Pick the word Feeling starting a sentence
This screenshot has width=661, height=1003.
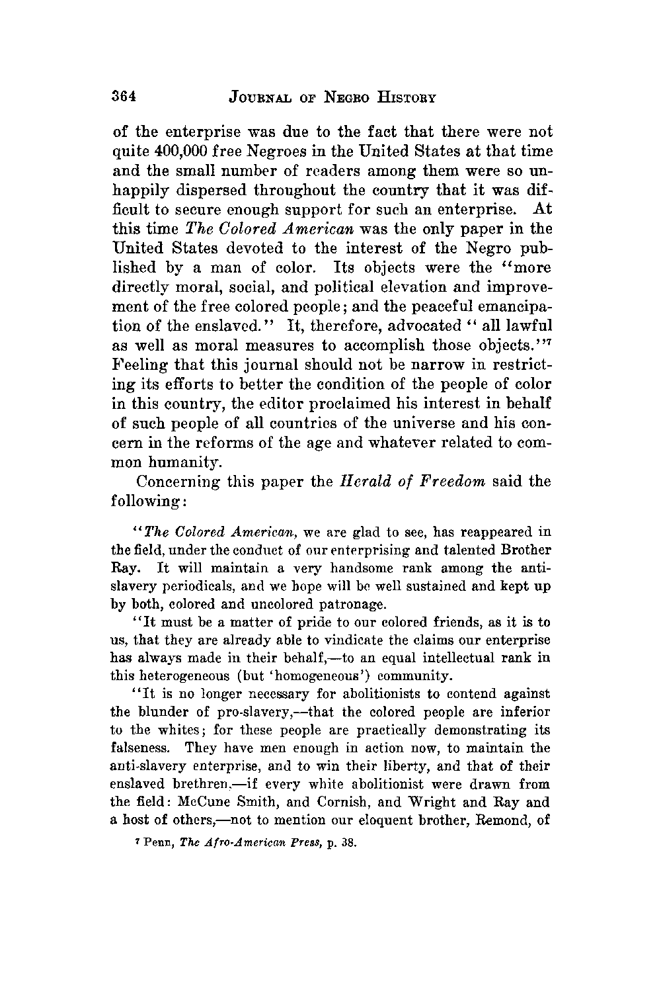139,365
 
